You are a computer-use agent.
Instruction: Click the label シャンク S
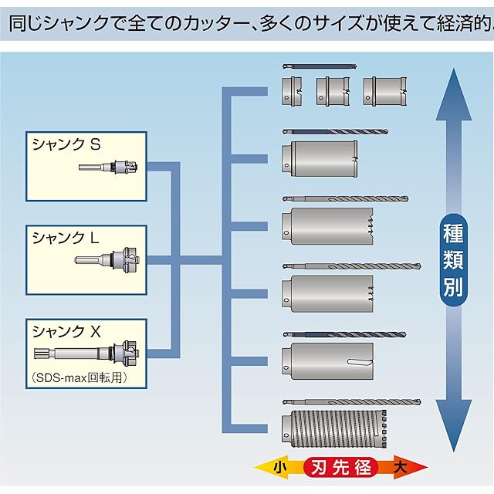point(66,144)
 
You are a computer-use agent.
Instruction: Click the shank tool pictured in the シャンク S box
point(109,167)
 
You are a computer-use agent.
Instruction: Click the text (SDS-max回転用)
point(79,378)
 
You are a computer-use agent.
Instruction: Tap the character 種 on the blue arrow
point(453,235)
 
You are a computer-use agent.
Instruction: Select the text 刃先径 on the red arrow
point(341,467)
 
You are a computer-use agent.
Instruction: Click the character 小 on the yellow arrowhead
point(279,467)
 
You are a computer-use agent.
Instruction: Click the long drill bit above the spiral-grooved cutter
point(351,403)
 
